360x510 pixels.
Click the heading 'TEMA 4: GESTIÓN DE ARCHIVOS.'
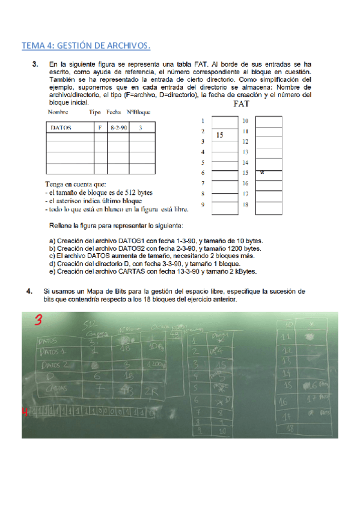[x=86, y=46]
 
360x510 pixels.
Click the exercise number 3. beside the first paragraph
[x=36, y=64]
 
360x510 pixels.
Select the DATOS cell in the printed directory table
[x=61, y=127]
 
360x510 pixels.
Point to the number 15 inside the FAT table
[x=220, y=135]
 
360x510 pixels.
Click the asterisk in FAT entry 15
[x=263, y=173]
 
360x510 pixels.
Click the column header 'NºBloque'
[x=138, y=112]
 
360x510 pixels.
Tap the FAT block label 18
[x=245, y=205]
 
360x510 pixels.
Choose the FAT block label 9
[x=203, y=205]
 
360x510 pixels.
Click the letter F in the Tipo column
[x=100, y=127]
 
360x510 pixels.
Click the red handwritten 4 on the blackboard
[x=25, y=412]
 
